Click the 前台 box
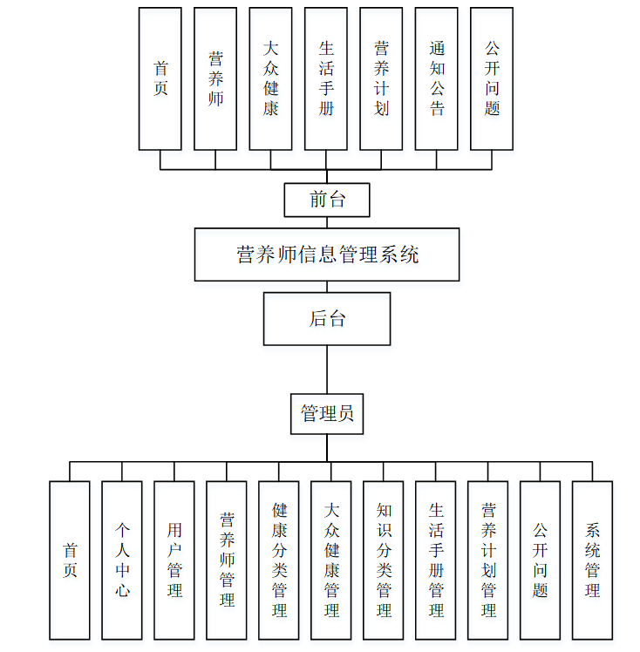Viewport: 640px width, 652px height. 327,200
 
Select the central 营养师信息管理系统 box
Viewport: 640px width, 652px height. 327,255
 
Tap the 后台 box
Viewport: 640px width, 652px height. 327,318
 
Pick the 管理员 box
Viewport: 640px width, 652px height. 327,413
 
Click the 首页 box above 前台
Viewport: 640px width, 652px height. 160,78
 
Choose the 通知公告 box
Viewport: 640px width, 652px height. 437,78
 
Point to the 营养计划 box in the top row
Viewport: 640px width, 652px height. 381,78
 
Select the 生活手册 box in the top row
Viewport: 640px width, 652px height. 326,78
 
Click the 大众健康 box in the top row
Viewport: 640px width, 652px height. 270,78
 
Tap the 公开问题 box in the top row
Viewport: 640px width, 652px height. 492,78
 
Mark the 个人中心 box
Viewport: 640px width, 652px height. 122,560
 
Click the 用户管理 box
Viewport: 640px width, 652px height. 174,560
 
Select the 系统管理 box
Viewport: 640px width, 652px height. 592,560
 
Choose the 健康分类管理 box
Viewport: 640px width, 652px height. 279,560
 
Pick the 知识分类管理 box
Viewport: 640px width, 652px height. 384,560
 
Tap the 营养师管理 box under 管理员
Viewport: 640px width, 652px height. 227,560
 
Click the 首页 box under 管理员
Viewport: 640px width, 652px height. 70,560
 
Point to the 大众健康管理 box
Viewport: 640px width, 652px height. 331,560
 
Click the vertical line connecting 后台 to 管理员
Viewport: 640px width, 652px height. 327,369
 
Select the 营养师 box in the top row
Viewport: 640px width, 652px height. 215,78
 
